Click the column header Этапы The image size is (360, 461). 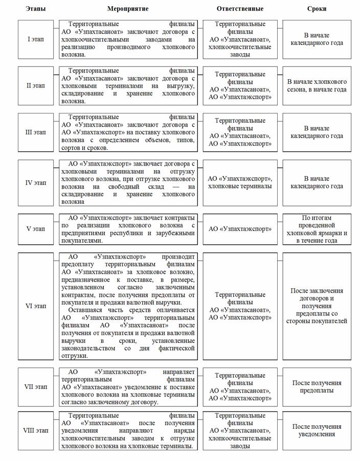pos(36,9)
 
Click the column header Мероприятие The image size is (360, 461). pos(127,9)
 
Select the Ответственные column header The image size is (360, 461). pos(240,9)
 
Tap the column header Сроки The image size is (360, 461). pos(317,9)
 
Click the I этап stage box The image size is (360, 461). pos(36,39)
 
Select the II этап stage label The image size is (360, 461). pos(36,85)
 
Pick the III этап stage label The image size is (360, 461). pos(36,132)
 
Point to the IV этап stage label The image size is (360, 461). pos(36,182)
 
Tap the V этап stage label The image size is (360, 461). pos(36,229)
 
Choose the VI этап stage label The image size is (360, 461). pos(36,306)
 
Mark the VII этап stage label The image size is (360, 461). pos(36,387)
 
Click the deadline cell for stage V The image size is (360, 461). pos(317,229)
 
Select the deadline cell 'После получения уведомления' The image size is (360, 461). pos(317,430)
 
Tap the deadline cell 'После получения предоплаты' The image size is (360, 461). pos(317,387)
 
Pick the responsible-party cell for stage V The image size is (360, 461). pos(240,229)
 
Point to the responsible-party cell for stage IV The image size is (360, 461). pos(240,182)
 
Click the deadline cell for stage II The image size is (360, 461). pos(317,85)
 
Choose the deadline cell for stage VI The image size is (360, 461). pos(317,306)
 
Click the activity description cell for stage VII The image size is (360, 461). pos(127,387)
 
